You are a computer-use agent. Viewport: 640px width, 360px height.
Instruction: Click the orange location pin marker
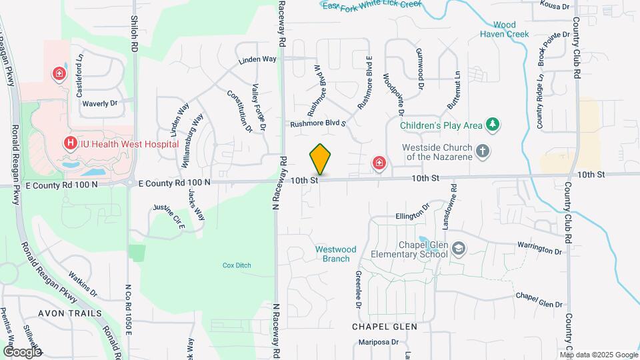click(x=320, y=159)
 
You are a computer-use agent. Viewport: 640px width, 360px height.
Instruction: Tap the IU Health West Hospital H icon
click(x=69, y=143)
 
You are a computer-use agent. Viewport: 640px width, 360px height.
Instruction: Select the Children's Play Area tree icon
click(x=493, y=124)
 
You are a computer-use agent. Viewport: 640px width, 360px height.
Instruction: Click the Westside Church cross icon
click(x=483, y=151)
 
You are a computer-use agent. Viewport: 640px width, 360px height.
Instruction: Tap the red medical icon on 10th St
click(x=379, y=163)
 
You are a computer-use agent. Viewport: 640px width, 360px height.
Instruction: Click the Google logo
click(x=22, y=351)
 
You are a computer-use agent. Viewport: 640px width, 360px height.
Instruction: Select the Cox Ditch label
click(x=237, y=265)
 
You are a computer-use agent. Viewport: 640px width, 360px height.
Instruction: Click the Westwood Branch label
click(x=335, y=254)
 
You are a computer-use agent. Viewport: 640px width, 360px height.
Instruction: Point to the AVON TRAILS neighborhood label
click(x=70, y=313)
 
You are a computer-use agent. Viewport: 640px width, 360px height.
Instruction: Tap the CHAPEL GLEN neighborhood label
click(x=385, y=327)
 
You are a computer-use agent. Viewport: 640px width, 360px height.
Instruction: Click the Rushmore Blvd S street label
click(x=318, y=123)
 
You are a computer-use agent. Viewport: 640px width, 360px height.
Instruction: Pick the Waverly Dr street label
click(x=99, y=103)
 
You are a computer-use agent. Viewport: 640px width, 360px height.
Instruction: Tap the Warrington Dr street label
click(x=540, y=251)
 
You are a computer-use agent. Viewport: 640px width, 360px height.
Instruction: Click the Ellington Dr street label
click(x=413, y=215)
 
